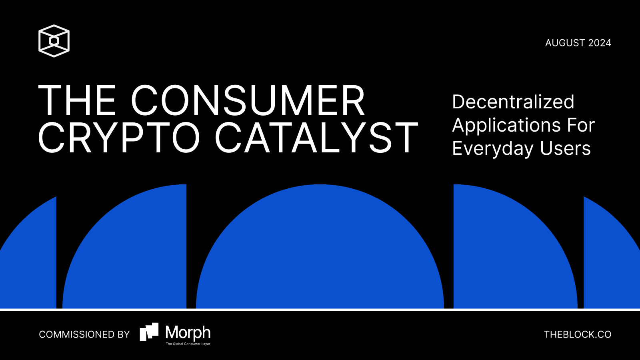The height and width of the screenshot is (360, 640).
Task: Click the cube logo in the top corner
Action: (x=54, y=41)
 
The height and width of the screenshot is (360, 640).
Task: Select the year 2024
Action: (x=600, y=43)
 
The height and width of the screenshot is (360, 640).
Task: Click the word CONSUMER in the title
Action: (x=248, y=100)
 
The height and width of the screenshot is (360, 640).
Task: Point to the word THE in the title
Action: (x=77, y=100)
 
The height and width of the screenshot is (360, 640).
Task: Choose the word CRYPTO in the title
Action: (x=119, y=138)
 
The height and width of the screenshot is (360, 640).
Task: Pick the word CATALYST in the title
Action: (x=316, y=138)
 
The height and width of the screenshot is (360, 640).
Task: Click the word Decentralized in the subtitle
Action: (x=513, y=102)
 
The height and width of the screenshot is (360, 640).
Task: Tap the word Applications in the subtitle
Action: (x=506, y=126)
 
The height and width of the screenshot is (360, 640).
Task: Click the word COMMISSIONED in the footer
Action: (x=73, y=334)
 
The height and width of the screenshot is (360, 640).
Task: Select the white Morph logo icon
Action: (x=149, y=332)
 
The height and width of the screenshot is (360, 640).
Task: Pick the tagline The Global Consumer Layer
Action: (x=188, y=344)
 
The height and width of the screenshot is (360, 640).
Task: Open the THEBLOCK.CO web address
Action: (x=578, y=334)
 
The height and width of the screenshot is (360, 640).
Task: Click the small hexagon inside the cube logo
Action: (x=54, y=41)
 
